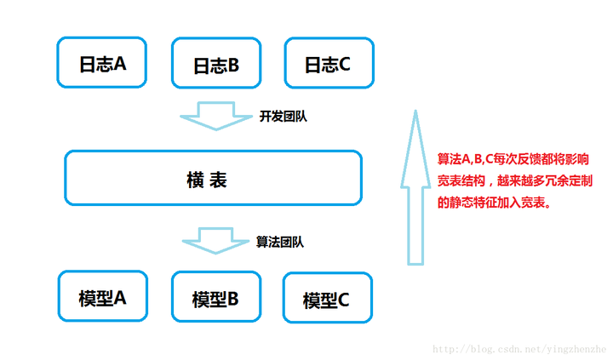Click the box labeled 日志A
point(102,62)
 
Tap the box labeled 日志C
point(327,63)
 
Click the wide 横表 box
point(213,179)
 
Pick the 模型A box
point(102,298)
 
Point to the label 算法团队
point(281,242)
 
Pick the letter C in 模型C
point(342,299)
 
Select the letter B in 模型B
point(232,300)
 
